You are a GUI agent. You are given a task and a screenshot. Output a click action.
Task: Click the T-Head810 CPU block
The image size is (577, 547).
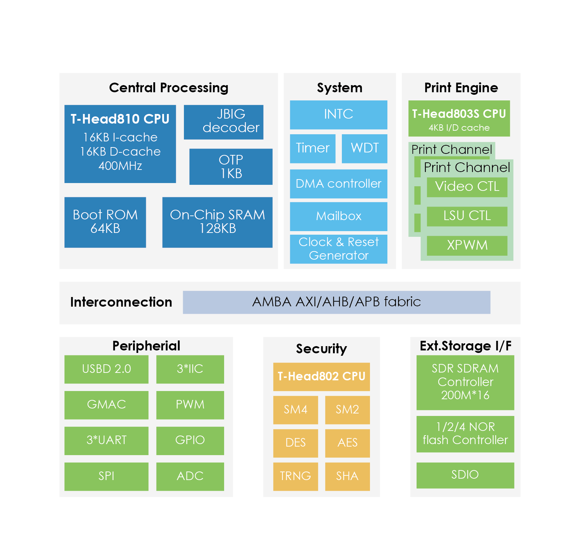pos(120,144)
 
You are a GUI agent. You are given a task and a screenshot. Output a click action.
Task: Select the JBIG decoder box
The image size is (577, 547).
pos(223,122)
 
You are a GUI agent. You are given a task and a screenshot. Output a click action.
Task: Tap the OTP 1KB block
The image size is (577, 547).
pos(231,167)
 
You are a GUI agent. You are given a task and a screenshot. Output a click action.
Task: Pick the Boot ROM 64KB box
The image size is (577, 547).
pos(105,222)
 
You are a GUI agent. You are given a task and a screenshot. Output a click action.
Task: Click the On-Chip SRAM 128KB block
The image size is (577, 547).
pos(217,222)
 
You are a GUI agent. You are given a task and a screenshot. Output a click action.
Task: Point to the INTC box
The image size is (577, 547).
pos(338,115)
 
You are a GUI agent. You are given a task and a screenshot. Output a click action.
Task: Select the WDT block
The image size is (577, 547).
pos(364,149)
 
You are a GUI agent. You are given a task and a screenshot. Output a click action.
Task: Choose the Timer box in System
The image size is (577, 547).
pos(313,149)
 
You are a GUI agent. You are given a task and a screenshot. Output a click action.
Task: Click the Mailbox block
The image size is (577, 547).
pos(338,217)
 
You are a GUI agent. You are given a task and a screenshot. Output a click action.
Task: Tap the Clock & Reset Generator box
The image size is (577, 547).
pos(338,249)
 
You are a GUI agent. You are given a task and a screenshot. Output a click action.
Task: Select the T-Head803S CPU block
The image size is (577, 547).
pos(459,119)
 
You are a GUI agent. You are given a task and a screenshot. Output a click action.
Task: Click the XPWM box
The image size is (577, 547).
pos(467,246)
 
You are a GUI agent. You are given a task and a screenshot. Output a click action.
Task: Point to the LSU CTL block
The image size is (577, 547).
pos(467,216)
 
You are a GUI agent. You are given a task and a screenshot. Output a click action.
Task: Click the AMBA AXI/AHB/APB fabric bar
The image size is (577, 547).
pos(337,302)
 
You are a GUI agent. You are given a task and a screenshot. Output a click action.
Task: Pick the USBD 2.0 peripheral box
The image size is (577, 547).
pos(106,369)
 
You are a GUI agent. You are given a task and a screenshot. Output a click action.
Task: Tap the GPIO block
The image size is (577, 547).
pos(190,441)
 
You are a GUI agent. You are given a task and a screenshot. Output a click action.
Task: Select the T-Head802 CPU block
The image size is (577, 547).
pos(321,377)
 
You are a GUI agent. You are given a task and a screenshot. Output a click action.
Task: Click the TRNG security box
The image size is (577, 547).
pos(295,476)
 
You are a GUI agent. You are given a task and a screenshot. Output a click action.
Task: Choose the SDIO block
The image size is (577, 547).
pos(465,475)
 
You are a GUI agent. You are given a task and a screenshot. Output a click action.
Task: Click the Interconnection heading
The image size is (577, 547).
pos(121,302)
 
